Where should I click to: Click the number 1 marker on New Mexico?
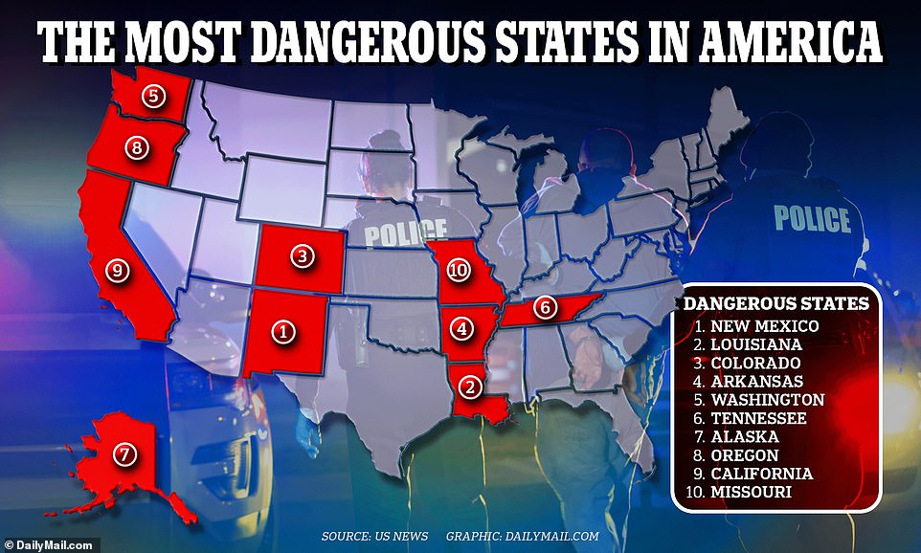(x=283, y=332)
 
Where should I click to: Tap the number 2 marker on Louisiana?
(x=469, y=387)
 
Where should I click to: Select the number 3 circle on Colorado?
(x=303, y=256)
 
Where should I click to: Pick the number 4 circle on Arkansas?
(x=463, y=329)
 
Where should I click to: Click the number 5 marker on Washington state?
(x=152, y=95)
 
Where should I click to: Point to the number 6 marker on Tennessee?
(x=543, y=307)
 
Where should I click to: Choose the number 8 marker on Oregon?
(x=138, y=148)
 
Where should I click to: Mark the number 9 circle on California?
(x=118, y=271)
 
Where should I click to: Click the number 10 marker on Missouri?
(x=460, y=271)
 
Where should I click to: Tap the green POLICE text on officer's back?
(x=812, y=218)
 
